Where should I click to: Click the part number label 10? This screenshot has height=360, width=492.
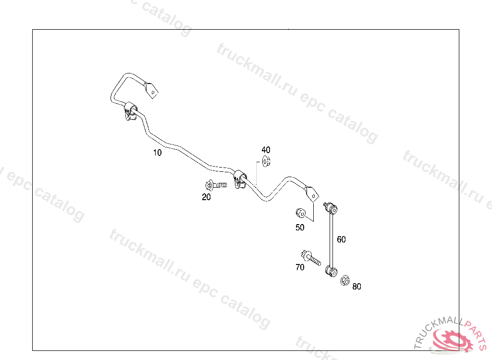[157, 153]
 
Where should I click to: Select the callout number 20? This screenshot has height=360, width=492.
[206, 197]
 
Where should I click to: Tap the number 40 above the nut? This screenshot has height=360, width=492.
[266, 150]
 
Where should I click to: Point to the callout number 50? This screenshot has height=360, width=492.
[300, 228]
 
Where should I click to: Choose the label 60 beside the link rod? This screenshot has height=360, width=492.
[341, 240]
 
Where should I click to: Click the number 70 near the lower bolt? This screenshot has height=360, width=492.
[300, 267]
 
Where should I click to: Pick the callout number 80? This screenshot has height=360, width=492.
[357, 287]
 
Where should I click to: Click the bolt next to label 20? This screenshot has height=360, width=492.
[214, 185]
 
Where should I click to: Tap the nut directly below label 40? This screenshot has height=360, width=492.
[266, 161]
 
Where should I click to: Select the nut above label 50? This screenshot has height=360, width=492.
[300, 213]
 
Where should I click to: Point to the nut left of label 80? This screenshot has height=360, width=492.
[344, 280]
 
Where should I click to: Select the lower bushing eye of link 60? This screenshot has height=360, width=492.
[331, 271]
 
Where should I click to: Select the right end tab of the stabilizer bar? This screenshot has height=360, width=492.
[312, 193]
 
